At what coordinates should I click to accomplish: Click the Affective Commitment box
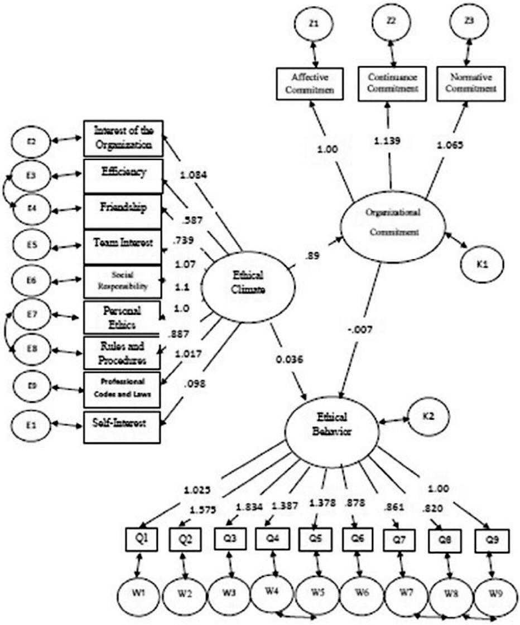[x=308, y=84]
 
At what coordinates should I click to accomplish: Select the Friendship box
[x=123, y=209]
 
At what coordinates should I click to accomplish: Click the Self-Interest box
[x=123, y=424]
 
